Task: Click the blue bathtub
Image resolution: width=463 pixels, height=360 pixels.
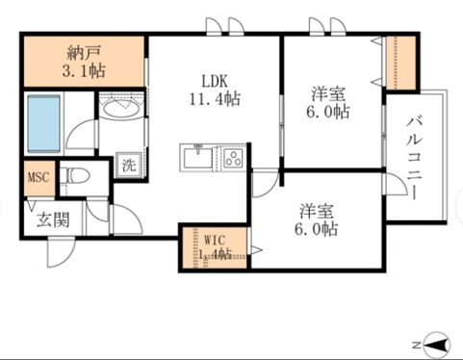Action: coord(43,124)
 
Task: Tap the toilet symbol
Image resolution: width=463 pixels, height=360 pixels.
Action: coord(74,176)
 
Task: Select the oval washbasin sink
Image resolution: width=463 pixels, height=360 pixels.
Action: coord(121,109)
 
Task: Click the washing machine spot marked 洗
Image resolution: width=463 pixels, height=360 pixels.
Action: coord(129,165)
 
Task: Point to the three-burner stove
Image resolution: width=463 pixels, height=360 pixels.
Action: coord(234,158)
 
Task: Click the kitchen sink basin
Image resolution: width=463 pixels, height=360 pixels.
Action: coord(197,157)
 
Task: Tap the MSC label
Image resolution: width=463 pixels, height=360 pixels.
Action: coord(39,177)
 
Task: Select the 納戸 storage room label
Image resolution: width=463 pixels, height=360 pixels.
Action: coord(84,53)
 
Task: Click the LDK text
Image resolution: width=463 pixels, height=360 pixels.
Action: coord(215,81)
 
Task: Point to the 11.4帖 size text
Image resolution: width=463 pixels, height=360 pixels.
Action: coord(215,98)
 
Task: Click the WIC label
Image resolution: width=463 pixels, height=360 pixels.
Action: coord(215,240)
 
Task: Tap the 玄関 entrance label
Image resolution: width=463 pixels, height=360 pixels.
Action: coord(53,220)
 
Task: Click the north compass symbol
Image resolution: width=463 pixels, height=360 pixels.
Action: coord(437,345)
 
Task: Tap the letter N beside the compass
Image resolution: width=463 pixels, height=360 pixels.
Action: coord(417,346)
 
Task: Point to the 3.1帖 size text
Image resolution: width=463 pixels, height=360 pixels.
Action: coord(84,70)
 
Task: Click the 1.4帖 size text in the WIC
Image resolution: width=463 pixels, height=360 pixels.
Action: coord(216,254)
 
